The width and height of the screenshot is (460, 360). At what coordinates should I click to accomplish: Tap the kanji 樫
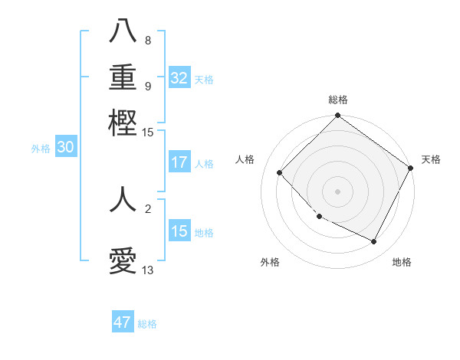[123, 123]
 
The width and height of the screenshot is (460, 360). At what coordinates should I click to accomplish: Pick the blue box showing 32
[179, 78]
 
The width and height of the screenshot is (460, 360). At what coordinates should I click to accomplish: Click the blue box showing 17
[179, 162]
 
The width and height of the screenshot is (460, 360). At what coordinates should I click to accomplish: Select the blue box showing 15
[179, 231]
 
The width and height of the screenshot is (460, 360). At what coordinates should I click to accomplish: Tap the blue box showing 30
[65, 148]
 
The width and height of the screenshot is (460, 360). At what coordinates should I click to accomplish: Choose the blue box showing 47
[123, 322]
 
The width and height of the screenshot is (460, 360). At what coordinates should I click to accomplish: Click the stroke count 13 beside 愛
[148, 270]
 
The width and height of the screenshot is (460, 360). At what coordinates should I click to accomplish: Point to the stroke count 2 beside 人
[148, 208]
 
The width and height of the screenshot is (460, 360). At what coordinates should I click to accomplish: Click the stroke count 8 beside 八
[148, 40]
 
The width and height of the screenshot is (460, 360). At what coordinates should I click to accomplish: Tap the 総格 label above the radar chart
[337, 100]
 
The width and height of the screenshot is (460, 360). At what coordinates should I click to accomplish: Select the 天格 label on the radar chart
[431, 159]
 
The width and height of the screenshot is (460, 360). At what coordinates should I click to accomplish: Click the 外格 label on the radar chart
[270, 262]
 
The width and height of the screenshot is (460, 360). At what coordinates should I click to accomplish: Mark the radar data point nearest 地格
[374, 242]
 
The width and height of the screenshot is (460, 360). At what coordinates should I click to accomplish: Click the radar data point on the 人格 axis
[280, 172]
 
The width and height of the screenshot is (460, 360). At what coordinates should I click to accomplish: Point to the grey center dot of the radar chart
[337, 191]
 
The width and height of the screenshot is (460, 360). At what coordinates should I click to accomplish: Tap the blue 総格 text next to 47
[147, 324]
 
